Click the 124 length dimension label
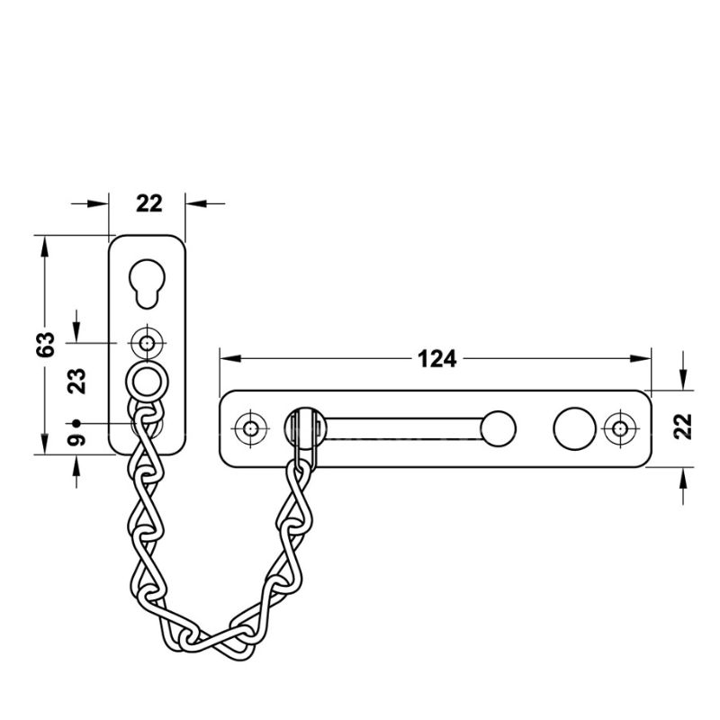(x=436, y=358)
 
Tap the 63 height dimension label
(x=46, y=344)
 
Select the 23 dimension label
(x=76, y=381)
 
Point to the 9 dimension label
(x=76, y=440)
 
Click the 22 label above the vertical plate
(x=149, y=203)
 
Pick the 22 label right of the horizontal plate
(x=683, y=427)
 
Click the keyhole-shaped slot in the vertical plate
(x=147, y=283)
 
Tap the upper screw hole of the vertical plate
(x=147, y=343)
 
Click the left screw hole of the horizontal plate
(x=250, y=429)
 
